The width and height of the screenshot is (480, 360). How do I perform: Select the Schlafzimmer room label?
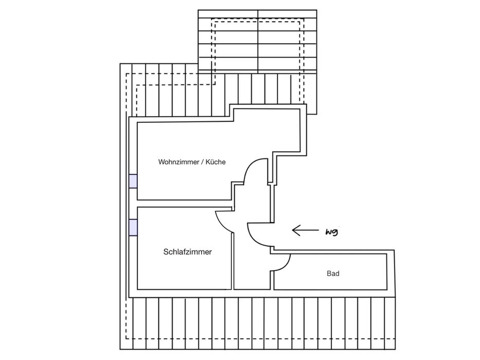[187, 252]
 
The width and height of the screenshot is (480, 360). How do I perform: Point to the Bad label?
[333, 274]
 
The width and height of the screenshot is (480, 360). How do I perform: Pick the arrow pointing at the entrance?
[305, 230]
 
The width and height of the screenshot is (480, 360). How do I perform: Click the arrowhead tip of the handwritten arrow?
[293, 230]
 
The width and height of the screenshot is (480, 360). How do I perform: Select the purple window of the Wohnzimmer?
[133, 181]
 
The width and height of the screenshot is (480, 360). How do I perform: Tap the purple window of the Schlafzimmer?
[133, 227]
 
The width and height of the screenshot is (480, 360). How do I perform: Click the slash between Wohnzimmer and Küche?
[202, 162]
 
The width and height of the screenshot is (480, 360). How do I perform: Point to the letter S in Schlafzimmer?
[166, 252]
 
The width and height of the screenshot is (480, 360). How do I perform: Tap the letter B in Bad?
[329, 274]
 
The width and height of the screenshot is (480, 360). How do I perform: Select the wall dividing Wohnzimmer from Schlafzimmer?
[183, 203]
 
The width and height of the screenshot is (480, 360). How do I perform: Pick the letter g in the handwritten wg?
[335, 233]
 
